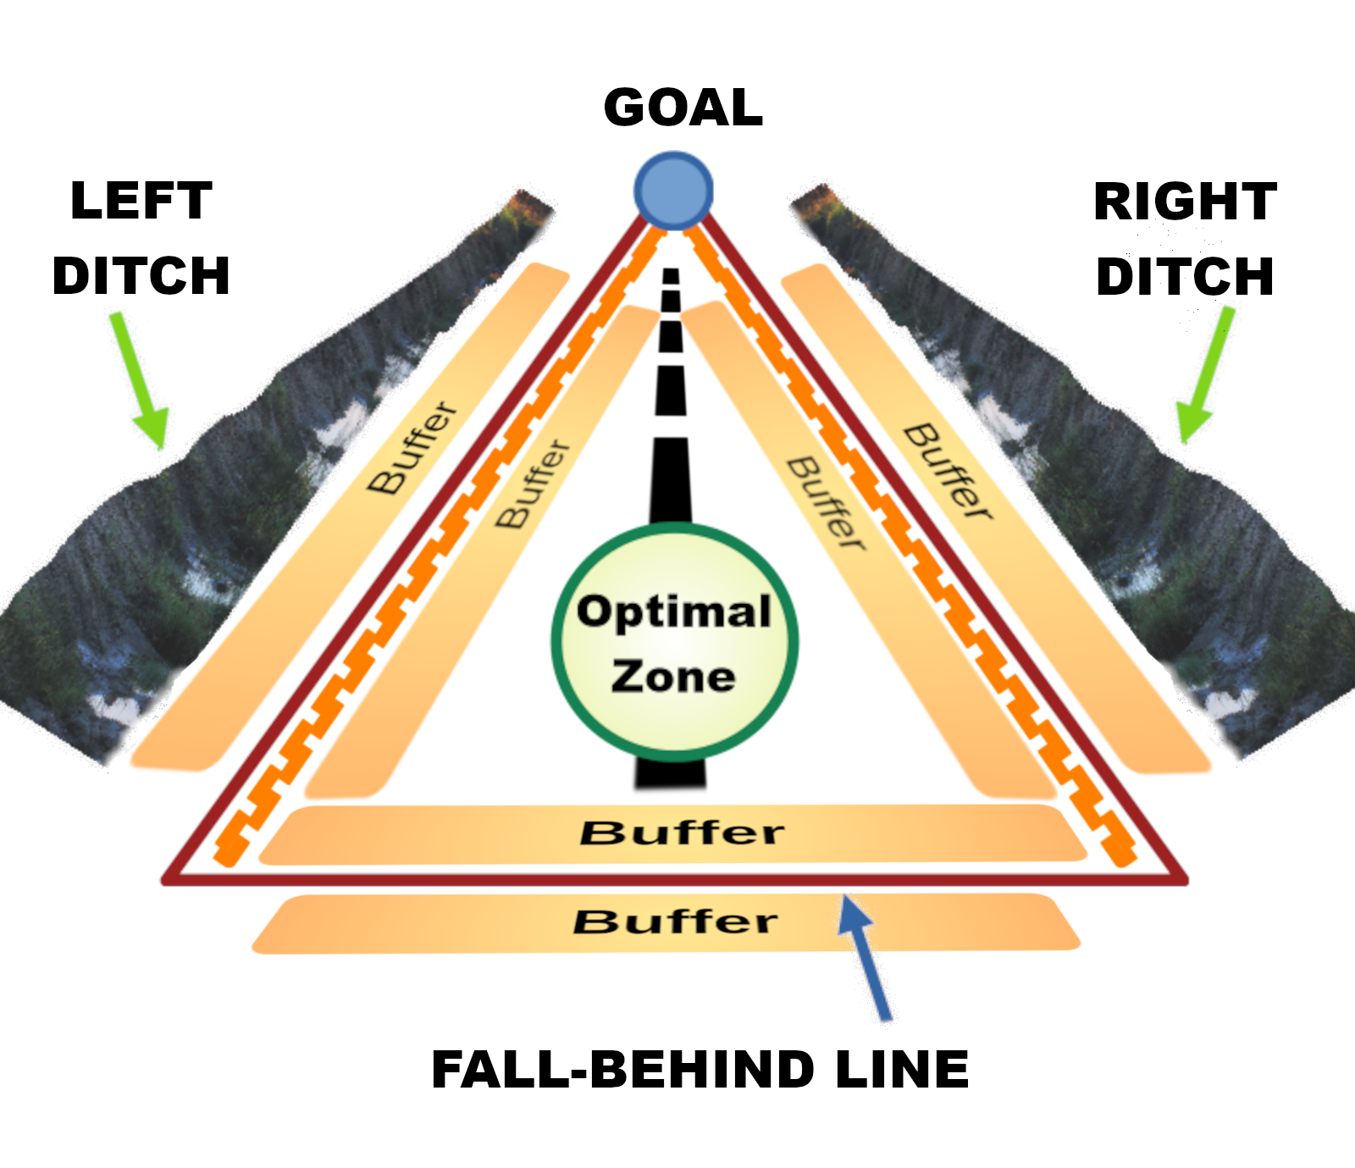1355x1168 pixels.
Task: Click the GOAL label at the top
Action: (683, 108)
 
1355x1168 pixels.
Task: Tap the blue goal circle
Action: (673, 190)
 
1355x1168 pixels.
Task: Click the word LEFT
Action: (141, 201)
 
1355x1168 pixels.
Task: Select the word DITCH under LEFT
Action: (141, 275)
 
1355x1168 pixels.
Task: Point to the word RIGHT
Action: (1185, 202)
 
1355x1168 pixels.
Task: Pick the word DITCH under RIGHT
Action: (1185, 276)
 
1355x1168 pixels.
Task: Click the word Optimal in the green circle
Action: (674, 612)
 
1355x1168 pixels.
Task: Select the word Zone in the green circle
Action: (673, 677)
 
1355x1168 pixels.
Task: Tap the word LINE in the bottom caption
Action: (902, 1069)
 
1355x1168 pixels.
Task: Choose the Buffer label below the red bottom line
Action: (675, 922)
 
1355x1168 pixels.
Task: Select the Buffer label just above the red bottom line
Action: (682, 833)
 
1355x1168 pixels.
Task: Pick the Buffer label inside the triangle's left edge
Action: (533, 484)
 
